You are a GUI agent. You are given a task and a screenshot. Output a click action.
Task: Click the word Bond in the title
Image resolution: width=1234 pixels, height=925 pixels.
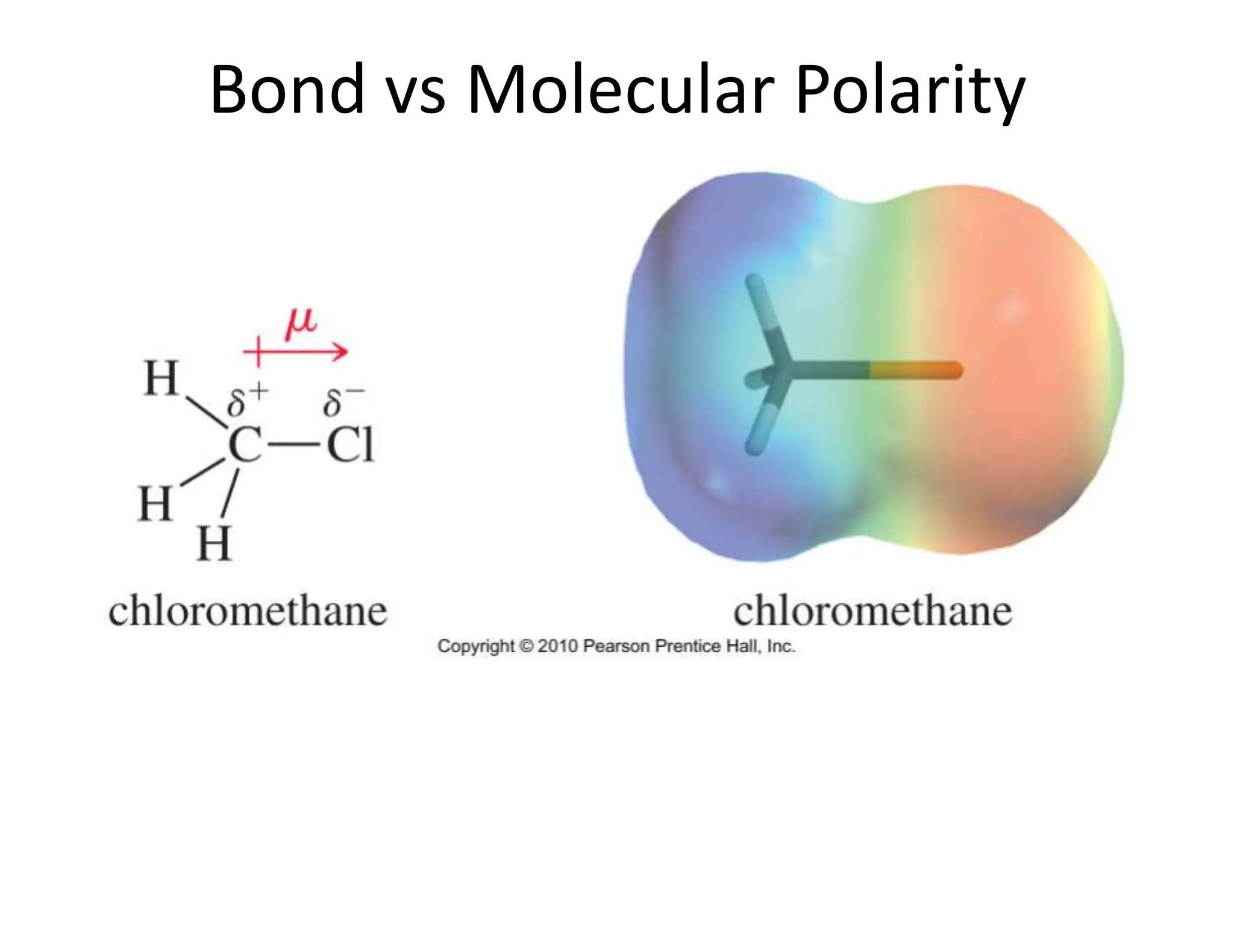[x=287, y=90]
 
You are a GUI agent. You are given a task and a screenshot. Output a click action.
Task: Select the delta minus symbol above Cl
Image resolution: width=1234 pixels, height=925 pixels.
[x=343, y=400]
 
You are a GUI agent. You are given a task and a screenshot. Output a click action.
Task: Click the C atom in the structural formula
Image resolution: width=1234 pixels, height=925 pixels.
[x=245, y=446]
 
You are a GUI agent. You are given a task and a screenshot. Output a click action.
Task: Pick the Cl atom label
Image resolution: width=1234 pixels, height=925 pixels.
[x=349, y=446]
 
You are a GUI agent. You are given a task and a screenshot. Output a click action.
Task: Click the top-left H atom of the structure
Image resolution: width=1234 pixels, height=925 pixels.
[x=161, y=379]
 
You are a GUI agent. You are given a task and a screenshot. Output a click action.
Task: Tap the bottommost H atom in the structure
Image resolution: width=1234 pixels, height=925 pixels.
[x=214, y=544]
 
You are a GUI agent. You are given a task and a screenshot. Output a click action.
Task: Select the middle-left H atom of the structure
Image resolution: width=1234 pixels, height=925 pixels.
[x=155, y=503]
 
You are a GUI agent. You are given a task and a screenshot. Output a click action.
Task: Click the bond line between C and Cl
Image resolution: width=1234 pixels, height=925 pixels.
[x=293, y=446]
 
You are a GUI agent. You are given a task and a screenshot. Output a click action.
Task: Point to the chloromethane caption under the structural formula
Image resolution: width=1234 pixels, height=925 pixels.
[x=248, y=611]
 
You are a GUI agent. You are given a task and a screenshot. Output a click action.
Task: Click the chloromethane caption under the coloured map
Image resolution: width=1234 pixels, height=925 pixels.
[x=872, y=611]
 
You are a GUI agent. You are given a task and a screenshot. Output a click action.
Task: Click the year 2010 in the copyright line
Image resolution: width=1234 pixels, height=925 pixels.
[x=557, y=646]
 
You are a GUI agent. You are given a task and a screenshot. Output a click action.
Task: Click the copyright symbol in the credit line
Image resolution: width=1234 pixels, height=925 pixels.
[x=526, y=646]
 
